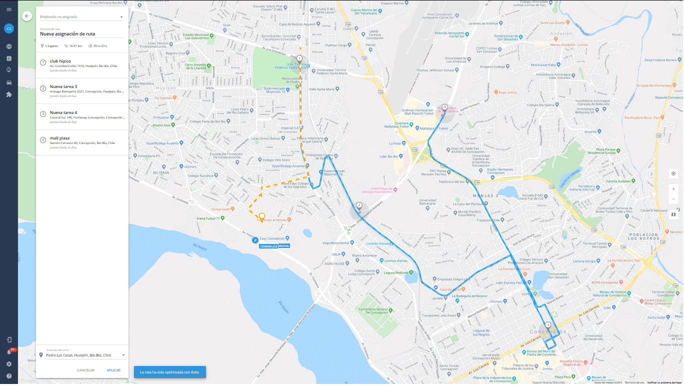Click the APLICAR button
pyautogui.click(x=113, y=370)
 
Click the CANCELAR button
pyautogui.click(x=85, y=370)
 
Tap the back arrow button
pyautogui.click(x=27, y=16)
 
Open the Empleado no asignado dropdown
pyautogui.click(x=81, y=17)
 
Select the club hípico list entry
pyautogui.click(x=82, y=65)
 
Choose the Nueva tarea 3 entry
pyautogui.click(x=82, y=91)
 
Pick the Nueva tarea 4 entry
pyautogui.click(x=82, y=117)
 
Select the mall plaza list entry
pyautogui.click(x=82, y=142)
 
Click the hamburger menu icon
pyautogui.click(x=9, y=9)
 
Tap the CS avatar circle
pyautogui.click(x=9, y=28)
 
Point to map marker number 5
pyautogui.click(x=548, y=325)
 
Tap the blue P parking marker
pyautogui.click(x=255, y=240)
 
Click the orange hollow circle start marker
pyautogui.click(x=261, y=216)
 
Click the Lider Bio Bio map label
pyautogui.click(x=391, y=156)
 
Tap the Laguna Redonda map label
pyautogui.click(x=396, y=272)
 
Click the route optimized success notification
pyautogui.click(x=169, y=372)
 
